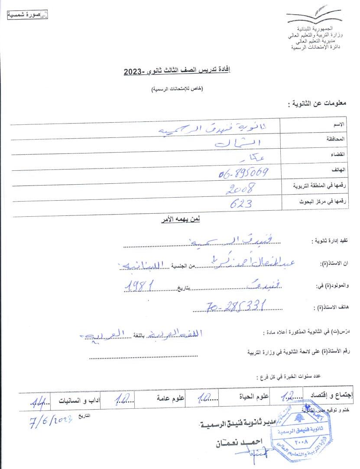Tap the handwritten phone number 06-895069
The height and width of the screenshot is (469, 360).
[244, 173]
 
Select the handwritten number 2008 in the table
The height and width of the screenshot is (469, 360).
[240, 188]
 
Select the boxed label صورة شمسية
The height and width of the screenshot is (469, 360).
[27, 15]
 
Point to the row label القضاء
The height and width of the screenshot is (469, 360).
[337, 155]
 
